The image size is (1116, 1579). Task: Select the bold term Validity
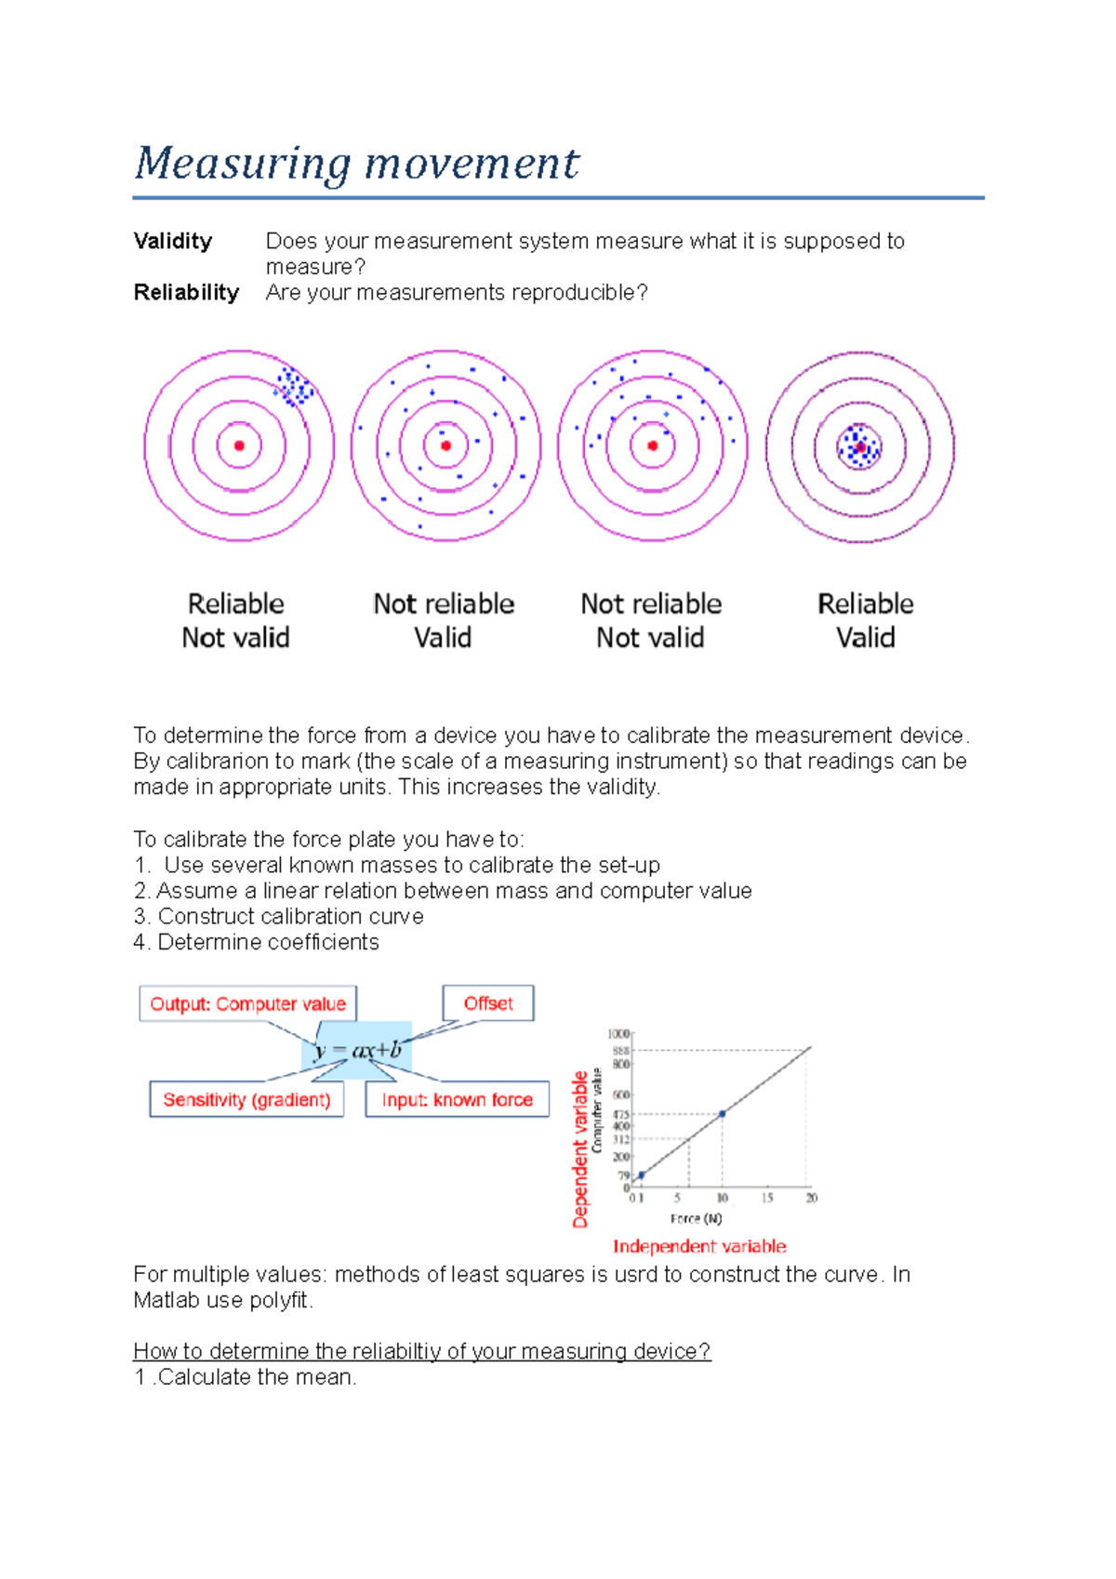point(173,242)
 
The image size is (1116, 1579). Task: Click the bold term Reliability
point(186,293)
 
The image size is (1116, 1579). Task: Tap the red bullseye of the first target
point(239,446)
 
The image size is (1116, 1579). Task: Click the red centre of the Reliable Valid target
point(861,447)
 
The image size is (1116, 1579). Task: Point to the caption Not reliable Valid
point(444,620)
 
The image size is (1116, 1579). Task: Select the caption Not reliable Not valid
point(651,620)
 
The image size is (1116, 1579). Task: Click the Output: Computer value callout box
point(247,1004)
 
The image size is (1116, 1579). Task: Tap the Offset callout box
point(488,1003)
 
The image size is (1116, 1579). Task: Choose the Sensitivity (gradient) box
point(246,1100)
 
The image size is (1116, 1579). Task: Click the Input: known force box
point(457,1100)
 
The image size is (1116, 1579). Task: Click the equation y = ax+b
point(357,1051)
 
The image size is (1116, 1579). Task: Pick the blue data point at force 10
point(723,1113)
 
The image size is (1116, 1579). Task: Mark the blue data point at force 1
point(642,1175)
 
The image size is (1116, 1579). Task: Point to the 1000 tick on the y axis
point(618,1034)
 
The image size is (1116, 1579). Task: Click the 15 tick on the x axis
point(767,1198)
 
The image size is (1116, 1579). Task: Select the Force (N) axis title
point(696,1218)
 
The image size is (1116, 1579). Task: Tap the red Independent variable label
point(699,1246)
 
